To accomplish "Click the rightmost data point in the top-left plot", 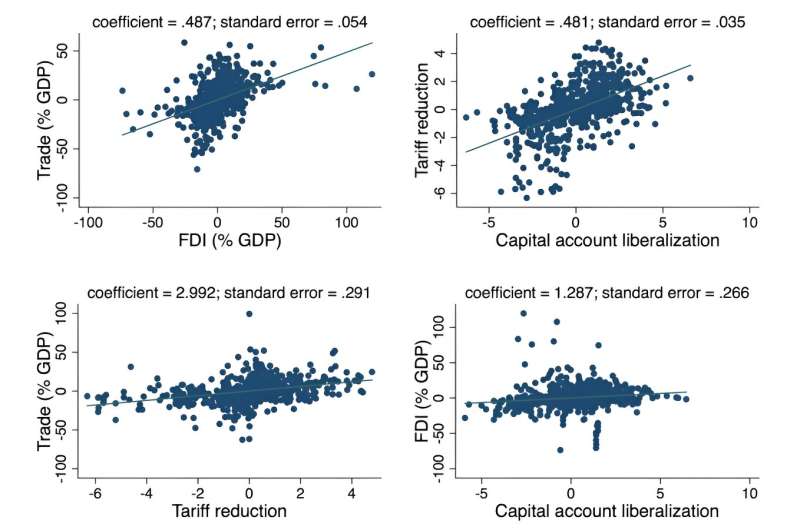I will [x=372, y=74].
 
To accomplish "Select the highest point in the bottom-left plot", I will [x=249, y=314].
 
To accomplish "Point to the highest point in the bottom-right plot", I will [x=523, y=314].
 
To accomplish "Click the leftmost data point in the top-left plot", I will [x=122, y=91].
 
